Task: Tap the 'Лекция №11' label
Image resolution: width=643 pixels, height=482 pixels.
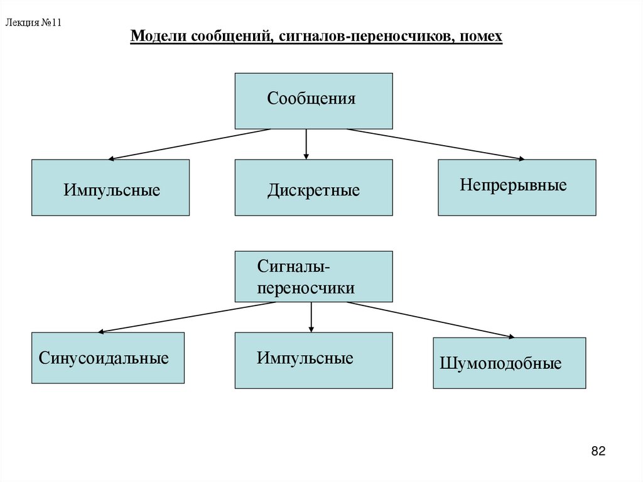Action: point(33,23)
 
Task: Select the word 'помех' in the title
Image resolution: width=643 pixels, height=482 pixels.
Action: point(481,38)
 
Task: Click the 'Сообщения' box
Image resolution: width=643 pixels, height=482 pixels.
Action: point(313,101)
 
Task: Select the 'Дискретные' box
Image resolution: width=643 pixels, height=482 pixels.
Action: point(313,188)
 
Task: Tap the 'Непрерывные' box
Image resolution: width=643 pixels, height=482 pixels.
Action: point(516,187)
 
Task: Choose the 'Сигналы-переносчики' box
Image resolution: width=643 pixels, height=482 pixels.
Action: point(313,277)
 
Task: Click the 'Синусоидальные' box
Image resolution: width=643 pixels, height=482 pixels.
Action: point(107,358)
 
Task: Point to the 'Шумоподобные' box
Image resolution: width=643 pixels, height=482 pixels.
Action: point(509,363)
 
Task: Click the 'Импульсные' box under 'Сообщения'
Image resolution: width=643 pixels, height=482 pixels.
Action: point(111,188)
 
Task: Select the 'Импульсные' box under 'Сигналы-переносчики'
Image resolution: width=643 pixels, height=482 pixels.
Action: point(313,360)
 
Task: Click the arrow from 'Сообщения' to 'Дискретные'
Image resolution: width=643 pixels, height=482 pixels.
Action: point(306,144)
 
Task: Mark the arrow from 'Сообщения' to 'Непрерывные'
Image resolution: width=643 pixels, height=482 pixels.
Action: point(436,144)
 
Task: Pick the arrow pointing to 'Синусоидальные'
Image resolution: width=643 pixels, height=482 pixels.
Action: point(187,317)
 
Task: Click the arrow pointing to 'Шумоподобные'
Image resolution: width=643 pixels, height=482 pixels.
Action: point(430,320)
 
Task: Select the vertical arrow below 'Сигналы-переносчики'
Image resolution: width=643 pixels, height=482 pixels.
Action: point(311,317)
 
